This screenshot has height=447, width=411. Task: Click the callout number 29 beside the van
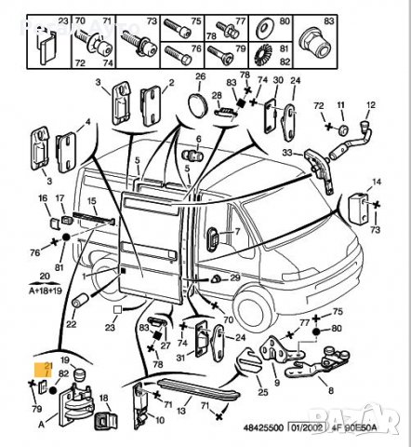pyautogui.click(x=234, y=277)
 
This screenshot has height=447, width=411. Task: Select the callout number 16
pyautogui.click(x=43, y=199)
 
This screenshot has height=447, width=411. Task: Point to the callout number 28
pyautogui.click(x=217, y=95)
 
